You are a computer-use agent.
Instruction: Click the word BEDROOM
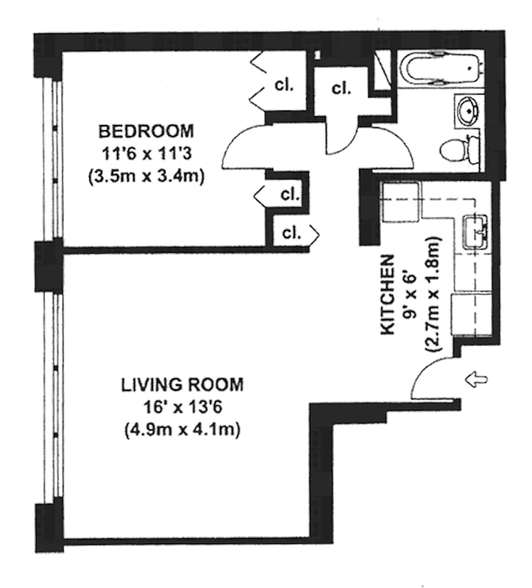click(147, 132)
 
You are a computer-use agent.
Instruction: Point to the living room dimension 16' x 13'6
click(182, 407)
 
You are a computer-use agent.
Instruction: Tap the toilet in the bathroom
click(458, 151)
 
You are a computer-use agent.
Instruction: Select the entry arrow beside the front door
click(477, 380)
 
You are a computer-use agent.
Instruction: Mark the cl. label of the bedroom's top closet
click(284, 84)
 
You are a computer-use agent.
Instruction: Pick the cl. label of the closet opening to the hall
click(291, 234)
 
